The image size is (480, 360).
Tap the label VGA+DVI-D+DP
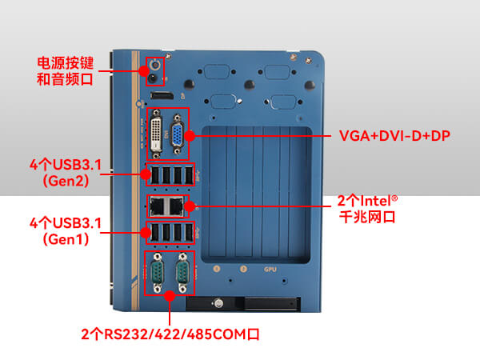point(394,136)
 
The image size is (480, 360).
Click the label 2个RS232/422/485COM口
point(170,333)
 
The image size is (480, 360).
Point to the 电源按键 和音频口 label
point(66,70)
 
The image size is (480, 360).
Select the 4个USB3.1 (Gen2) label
point(66,173)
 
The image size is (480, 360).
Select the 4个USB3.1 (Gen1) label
point(66,229)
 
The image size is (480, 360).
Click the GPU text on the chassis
point(270,269)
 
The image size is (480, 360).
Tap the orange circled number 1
point(217,269)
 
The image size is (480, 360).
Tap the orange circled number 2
point(243,269)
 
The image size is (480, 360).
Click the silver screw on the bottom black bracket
point(216,303)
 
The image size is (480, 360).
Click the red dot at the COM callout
point(170,295)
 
